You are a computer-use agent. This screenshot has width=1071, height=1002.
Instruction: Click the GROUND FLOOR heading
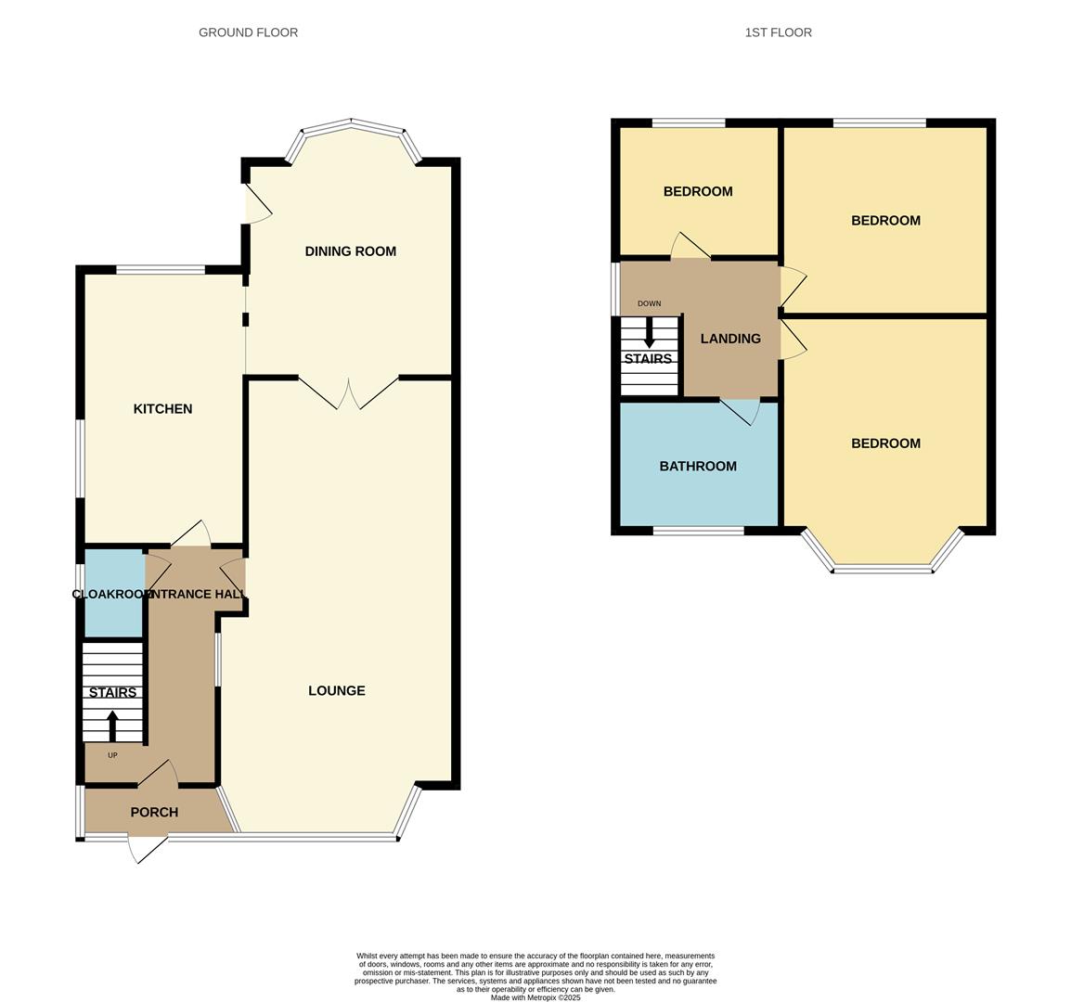(248, 32)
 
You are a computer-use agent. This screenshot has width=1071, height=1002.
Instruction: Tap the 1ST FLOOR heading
(778, 32)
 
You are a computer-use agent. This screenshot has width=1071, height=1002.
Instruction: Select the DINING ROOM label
(351, 251)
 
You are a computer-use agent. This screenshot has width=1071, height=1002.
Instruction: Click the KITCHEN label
(162, 409)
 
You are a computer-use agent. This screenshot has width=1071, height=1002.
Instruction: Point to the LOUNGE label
(337, 690)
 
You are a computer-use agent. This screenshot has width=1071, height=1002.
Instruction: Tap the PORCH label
(154, 812)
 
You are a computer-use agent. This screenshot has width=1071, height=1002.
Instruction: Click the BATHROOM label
(698, 467)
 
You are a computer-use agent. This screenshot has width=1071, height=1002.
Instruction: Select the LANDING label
(730, 339)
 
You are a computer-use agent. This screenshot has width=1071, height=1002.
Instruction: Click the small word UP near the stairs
(112, 755)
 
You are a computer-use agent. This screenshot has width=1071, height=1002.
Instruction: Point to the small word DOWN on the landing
(649, 303)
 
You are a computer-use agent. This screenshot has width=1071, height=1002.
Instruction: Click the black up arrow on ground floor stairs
(112, 726)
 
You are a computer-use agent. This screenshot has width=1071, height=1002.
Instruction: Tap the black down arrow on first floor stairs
(648, 333)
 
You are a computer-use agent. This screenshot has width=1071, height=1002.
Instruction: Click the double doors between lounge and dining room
(349, 393)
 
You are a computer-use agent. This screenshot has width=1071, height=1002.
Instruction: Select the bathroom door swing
(742, 412)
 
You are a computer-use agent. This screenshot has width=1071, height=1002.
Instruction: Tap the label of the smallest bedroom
(698, 192)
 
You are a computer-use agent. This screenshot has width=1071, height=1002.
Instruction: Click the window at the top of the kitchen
(161, 270)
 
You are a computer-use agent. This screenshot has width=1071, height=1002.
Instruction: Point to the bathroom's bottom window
(698, 531)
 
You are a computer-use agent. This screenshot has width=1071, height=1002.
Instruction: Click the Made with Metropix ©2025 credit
(535, 997)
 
